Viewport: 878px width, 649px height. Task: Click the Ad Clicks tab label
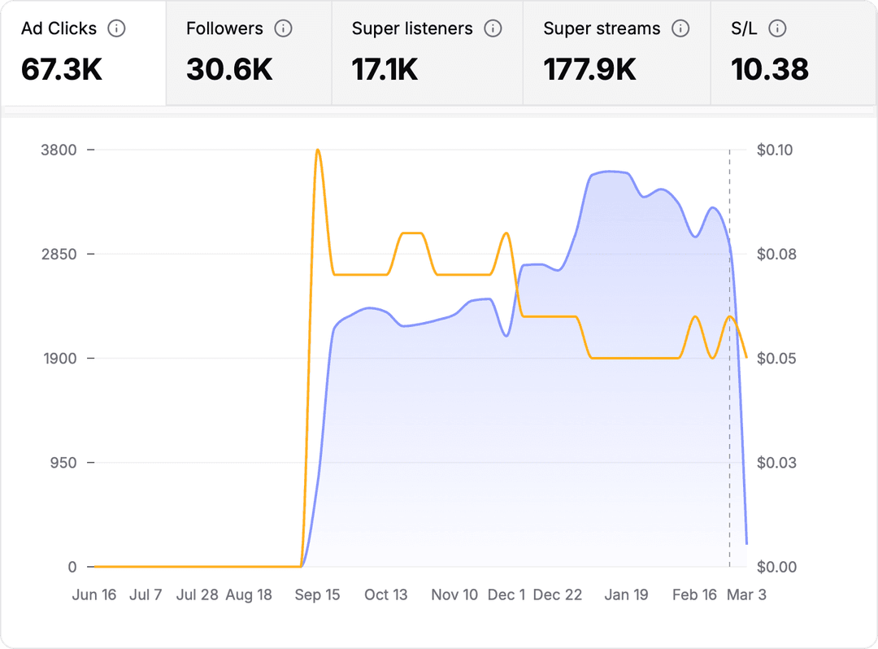(59, 28)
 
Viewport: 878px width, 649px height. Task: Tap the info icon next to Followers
(283, 28)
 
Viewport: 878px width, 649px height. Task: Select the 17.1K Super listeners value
(385, 70)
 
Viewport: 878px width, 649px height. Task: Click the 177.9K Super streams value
(589, 70)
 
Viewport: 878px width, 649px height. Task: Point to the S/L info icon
(778, 28)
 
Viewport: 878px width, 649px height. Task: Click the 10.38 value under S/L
(770, 70)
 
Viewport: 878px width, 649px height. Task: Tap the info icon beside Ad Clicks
(117, 28)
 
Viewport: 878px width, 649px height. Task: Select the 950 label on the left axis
(64, 463)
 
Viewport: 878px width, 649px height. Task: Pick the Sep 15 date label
(317, 595)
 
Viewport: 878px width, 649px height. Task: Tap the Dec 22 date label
(558, 595)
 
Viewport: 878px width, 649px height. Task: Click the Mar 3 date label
(745, 595)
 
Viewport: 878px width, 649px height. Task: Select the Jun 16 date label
(94, 595)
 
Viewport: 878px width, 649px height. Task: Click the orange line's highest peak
(318, 150)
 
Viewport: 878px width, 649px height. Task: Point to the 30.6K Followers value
(229, 70)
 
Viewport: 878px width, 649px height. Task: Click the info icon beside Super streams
(681, 28)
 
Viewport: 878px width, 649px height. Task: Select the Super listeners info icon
(493, 28)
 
